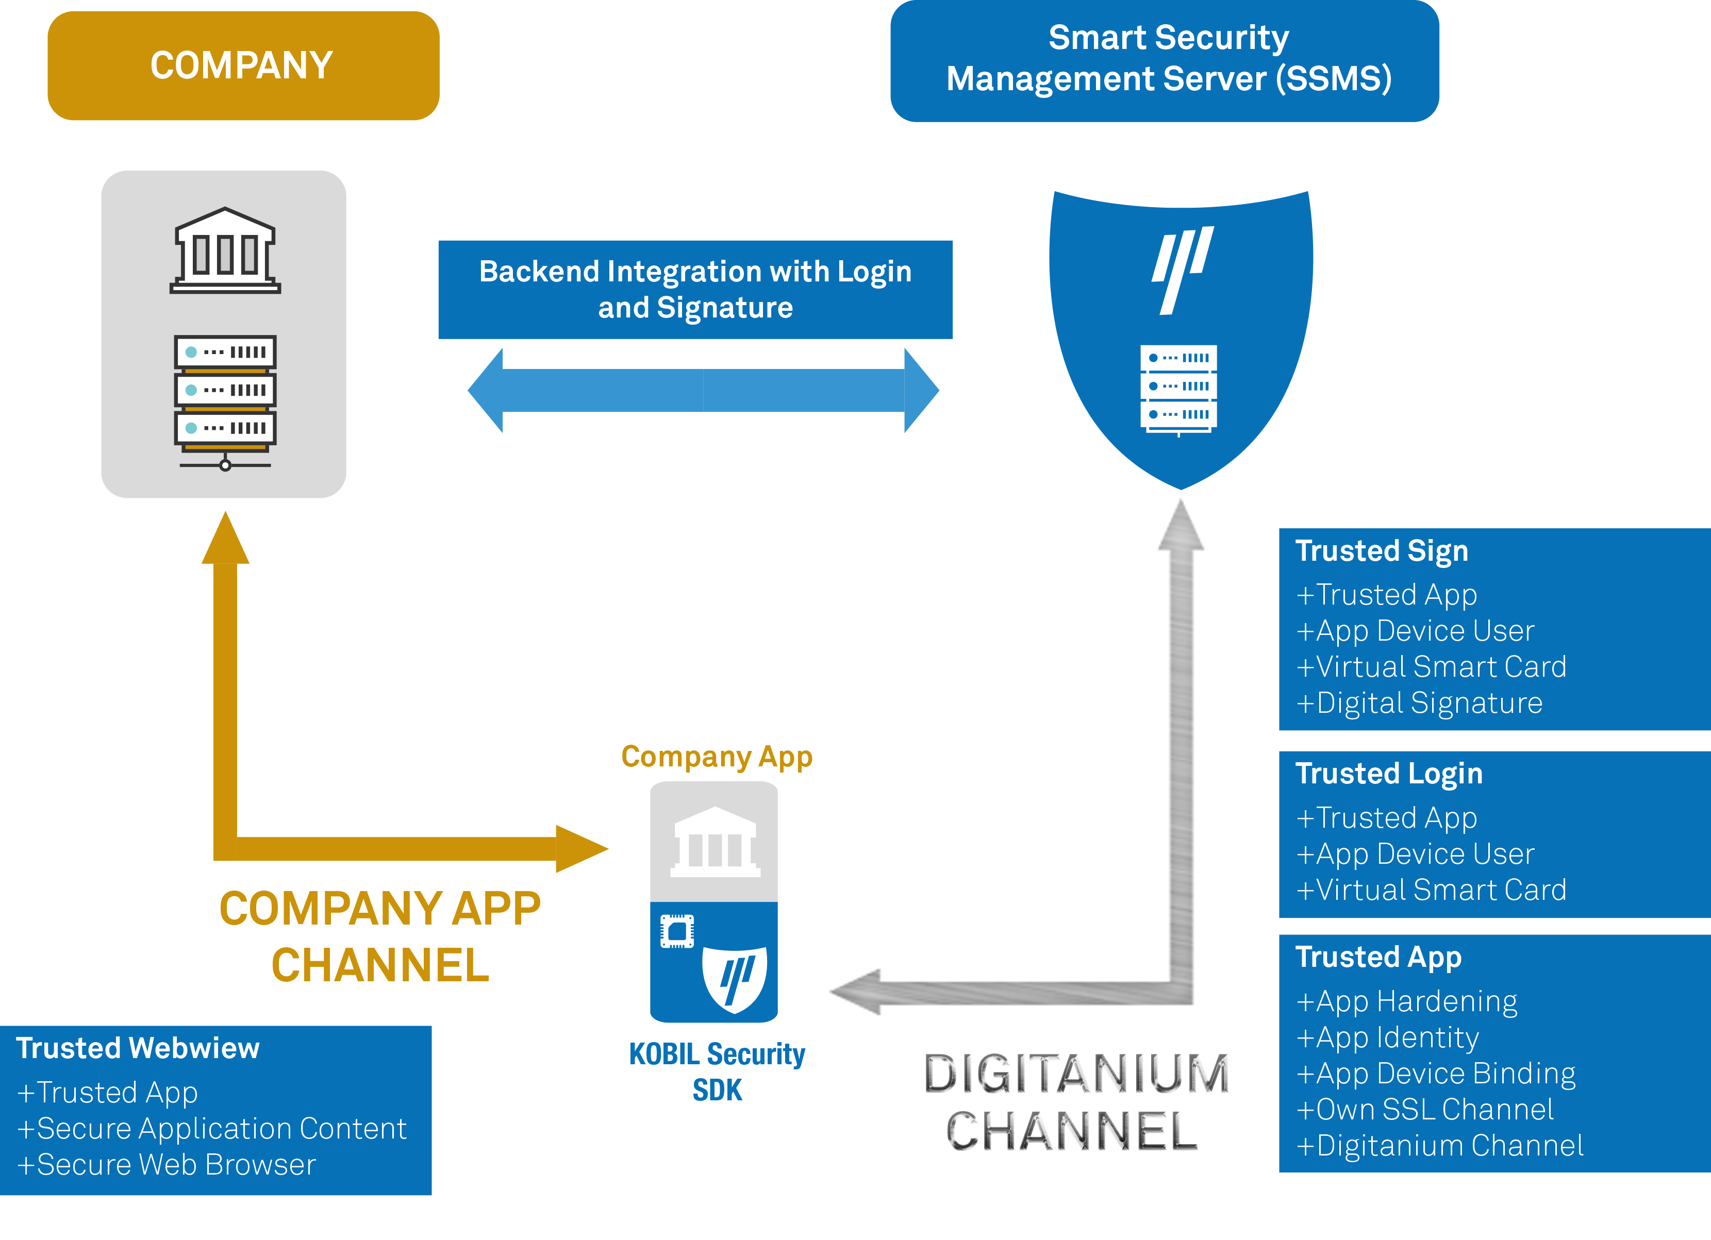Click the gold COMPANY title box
[x=243, y=65]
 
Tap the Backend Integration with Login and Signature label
[x=695, y=290]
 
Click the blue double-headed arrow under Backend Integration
[x=703, y=391]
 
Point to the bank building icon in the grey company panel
[x=225, y=250]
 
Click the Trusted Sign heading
[x=1381, y=551]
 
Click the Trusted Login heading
[x=1389, y=774]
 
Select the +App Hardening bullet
[x=1406, y=1002]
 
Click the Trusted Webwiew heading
[x=138, y=1048]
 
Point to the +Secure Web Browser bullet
[x=167, y=1165]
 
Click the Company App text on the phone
[x=717, y=757]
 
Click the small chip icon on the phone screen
[x=677, y=931]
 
